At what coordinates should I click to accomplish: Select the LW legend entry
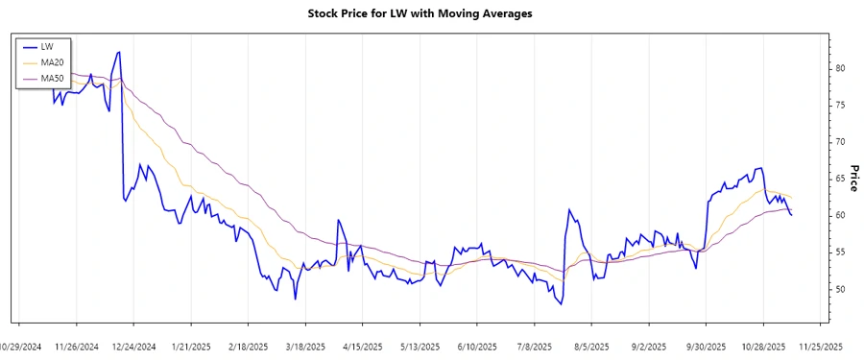click(47, 46)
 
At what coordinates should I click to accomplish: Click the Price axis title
click(852, 179)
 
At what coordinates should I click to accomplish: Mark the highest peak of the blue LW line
click(118, 52)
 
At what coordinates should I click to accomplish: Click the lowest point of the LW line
click(560, 303)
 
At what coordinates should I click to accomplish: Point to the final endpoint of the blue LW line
click(791, 215)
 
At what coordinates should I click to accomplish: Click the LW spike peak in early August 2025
click(569, 209)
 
